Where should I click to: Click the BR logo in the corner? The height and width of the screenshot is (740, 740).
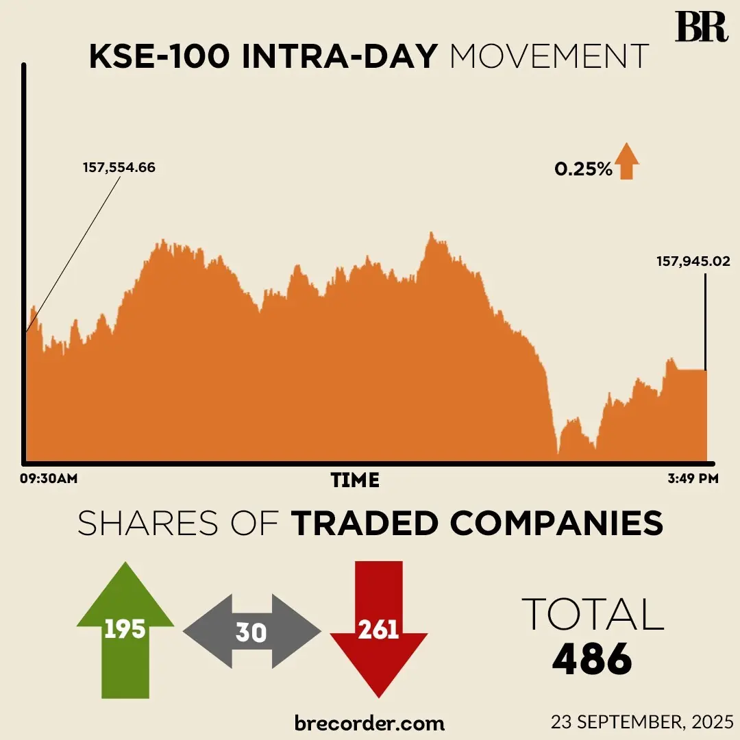point(700,27)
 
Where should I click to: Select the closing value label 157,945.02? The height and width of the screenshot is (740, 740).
point(693,261)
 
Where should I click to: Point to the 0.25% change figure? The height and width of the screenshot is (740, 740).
point(583,169)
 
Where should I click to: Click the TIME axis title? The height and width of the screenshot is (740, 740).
point(355,480)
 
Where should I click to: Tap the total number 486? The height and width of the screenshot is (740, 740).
point(593,660)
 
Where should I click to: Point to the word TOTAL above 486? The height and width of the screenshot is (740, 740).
point(593,614)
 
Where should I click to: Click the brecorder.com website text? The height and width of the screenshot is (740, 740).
point(369,723)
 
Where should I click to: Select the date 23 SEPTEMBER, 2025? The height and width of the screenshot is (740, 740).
point(642,722)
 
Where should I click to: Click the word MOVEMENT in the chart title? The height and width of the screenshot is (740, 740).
point(550,58)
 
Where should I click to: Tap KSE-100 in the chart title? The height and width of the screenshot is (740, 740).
point(158,58)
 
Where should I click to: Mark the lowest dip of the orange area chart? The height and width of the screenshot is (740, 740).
point(558,453)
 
